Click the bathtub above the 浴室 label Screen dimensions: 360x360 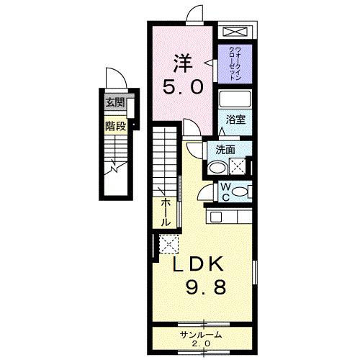(235, 100)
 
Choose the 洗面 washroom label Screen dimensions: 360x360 (224, 150)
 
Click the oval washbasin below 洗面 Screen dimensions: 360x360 (215, 168)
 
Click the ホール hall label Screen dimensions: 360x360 (166, 213)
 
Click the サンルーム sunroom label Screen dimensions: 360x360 (201, 335)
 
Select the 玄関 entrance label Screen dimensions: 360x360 (114, 102)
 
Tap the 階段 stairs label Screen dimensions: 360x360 (114, 125)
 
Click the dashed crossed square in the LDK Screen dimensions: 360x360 (168, 244)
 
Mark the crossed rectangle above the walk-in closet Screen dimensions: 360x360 (235, 32)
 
